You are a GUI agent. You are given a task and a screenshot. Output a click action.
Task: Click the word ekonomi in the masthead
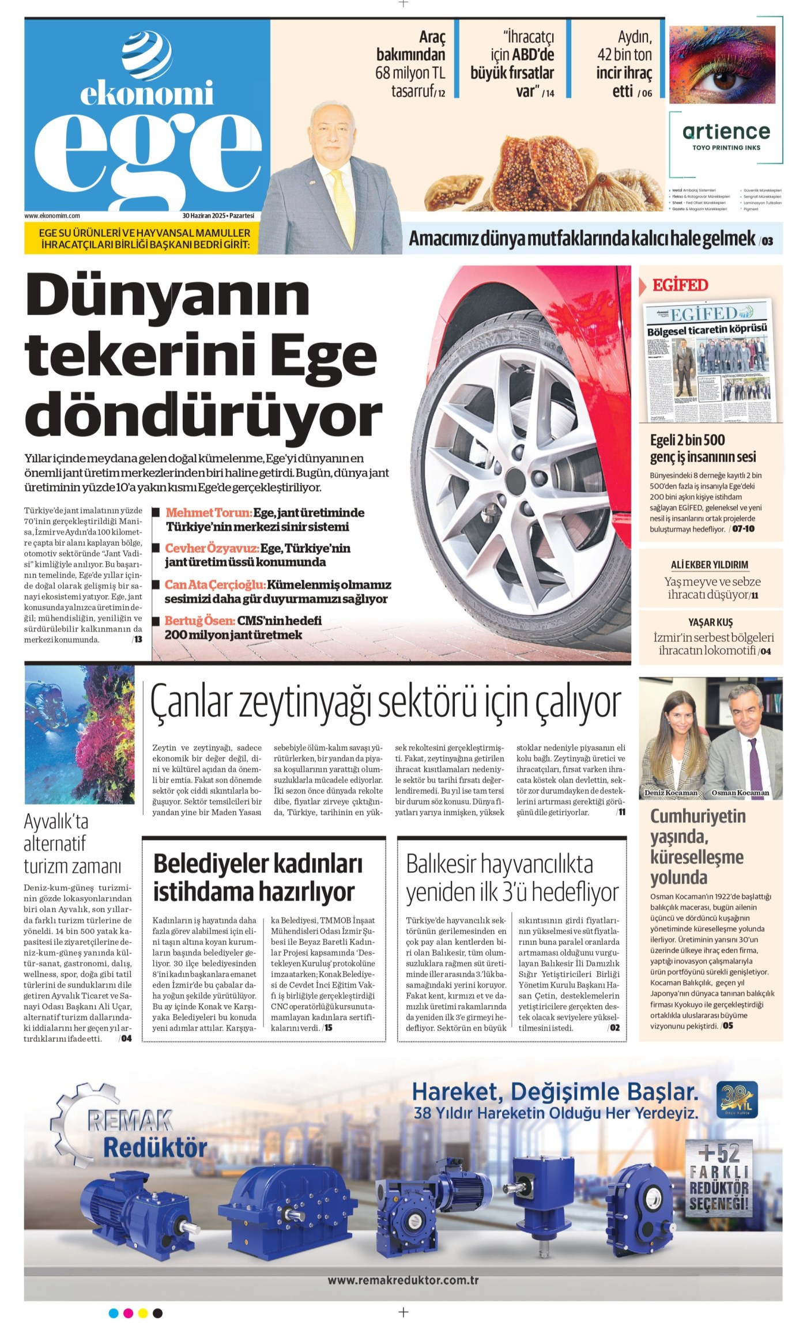(146, 93)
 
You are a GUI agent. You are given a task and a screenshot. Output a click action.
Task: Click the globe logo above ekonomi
(146, 55)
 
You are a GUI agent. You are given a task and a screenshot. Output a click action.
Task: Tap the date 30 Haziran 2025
(204, 216)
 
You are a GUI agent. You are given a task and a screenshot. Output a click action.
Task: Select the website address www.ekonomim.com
(52, 216)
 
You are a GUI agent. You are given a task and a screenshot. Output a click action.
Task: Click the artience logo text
(726, 132)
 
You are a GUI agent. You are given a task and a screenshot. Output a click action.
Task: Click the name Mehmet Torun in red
(208, 512)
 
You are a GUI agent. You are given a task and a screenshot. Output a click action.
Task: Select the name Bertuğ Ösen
(199, 621)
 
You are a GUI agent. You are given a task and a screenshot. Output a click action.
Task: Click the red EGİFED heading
(680, 285)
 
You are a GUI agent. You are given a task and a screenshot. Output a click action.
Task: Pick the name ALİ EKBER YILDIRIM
(710, 565)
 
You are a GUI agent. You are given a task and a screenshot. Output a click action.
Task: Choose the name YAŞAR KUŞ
(710, 622)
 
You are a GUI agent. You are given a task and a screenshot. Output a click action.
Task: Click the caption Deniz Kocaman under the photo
(670, 793)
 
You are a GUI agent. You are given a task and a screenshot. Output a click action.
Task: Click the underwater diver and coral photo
(80, 735)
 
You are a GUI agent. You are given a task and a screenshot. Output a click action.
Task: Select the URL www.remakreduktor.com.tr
(403, 1280)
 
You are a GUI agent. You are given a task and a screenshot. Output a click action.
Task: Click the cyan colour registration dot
(114, 1313)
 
